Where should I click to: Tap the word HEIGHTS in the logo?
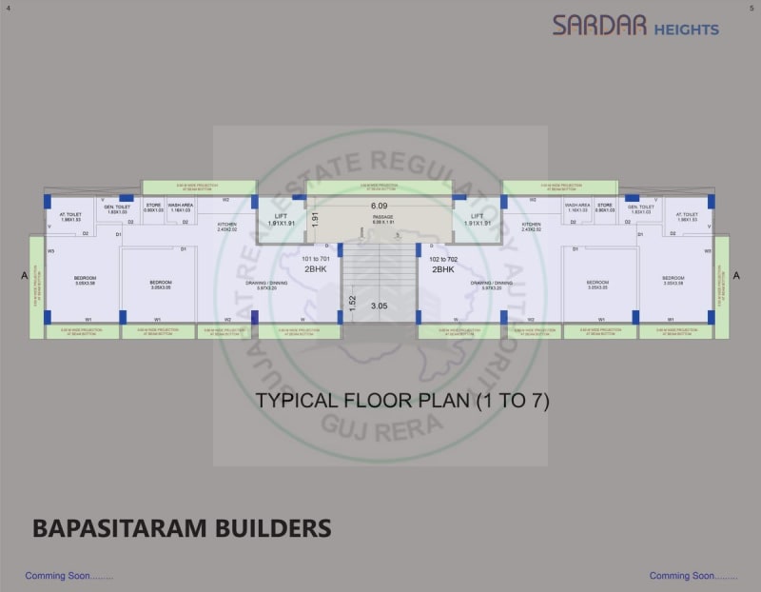click(686, 30)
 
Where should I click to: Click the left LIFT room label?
click(281, 216)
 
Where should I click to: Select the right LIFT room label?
click(477, 216)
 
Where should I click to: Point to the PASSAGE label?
click(382, 217)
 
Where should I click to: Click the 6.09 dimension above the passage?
click(380, 206)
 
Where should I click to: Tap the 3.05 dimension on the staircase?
click(379, 306)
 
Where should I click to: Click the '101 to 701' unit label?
click(316, 259)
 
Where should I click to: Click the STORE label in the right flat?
click(605, 207)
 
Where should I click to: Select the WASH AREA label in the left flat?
click(181, 207)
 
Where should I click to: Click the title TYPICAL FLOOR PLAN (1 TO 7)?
click(402, 401)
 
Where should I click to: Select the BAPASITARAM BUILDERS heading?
click(182, 528)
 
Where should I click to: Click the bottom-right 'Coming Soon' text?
click(693, 576)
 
